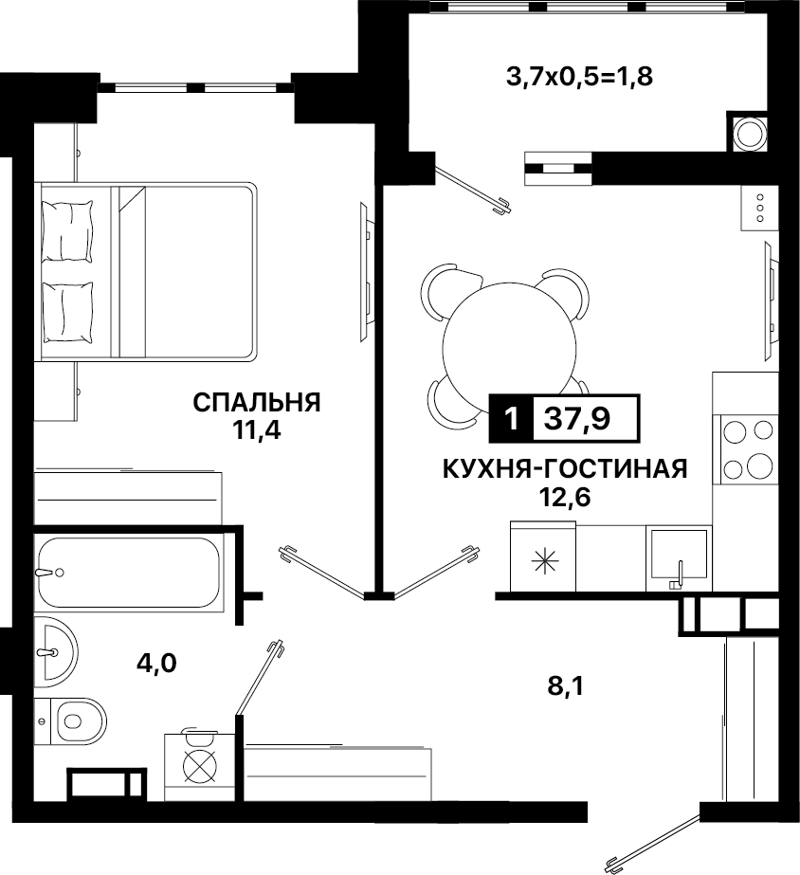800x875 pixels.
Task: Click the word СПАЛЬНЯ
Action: tap(257, 402)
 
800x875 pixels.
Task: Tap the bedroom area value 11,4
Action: tap(257, 430)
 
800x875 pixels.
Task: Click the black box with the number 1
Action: tap(511, 418)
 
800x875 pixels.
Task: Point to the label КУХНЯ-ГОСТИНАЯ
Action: tap(565, 469)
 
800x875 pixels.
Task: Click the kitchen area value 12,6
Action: tap(565, 497)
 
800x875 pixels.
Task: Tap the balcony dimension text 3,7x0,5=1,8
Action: tap(579, 77)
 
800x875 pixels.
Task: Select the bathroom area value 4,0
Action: tap(156, 664)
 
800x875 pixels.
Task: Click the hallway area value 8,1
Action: tap(565, 685)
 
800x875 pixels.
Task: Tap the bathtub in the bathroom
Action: tap(129, 573)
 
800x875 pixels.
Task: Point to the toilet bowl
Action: tap(78, 721)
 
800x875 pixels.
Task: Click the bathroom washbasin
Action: tap(56, 652)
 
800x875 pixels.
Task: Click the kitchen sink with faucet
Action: tap(679, 558)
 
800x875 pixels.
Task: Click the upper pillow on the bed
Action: tap(67, 231)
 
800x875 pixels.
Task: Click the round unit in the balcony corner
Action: tap(749, 134)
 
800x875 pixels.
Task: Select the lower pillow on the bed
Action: tap(67, 312)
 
